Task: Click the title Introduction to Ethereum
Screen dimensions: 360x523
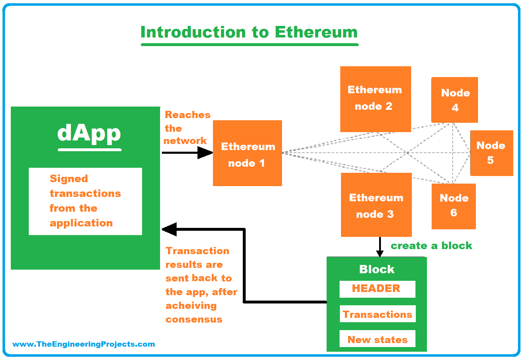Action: click(249, 32)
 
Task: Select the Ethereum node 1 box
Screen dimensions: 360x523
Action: click(247, 153)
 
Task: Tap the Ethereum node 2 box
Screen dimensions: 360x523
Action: click(375, 99)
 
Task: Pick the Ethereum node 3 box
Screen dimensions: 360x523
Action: click(376, 205)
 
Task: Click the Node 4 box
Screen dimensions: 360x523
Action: click(455, 100)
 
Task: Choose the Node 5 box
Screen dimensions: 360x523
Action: click(491, 153)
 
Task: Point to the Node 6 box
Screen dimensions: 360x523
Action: click(454, 206)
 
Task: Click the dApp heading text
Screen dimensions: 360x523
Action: click(89, 133)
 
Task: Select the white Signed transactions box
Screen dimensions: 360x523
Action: click(85, 201)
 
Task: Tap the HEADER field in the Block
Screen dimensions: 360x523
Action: click(377, 289)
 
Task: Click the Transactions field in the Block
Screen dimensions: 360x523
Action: click(377, 314)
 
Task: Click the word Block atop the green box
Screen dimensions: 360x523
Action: click(377, 269)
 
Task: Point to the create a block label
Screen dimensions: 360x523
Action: click(431, 246)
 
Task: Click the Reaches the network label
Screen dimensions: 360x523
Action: click(186, 128)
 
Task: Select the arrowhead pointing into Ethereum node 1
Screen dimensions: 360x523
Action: click(205, 153)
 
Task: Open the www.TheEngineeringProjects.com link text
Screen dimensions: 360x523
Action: click(83, 344)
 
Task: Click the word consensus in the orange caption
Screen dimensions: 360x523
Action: click(194, 319)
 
